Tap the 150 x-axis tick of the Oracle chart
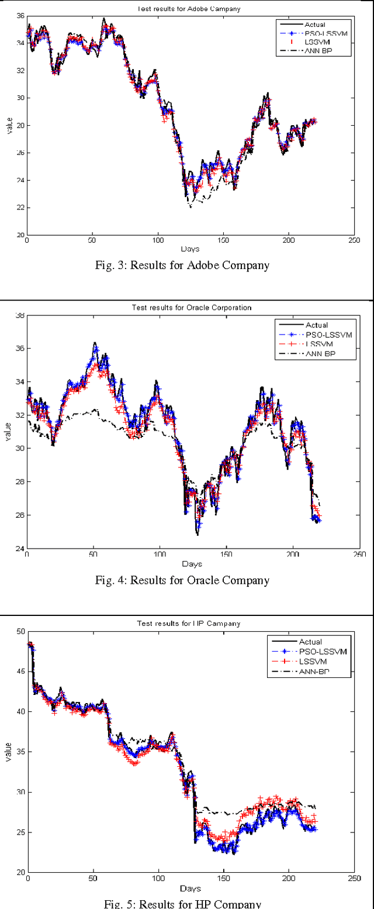(227, 555)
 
